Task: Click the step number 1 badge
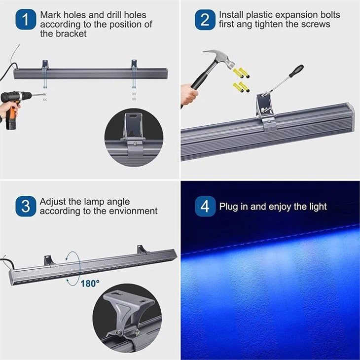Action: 25,20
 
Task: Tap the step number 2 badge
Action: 205,20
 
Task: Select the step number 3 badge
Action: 25,206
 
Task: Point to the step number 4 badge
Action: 205,206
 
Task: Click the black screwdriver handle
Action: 296,72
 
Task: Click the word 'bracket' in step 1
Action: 71,34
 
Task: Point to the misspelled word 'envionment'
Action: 133,211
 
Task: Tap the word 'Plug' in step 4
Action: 229,206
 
